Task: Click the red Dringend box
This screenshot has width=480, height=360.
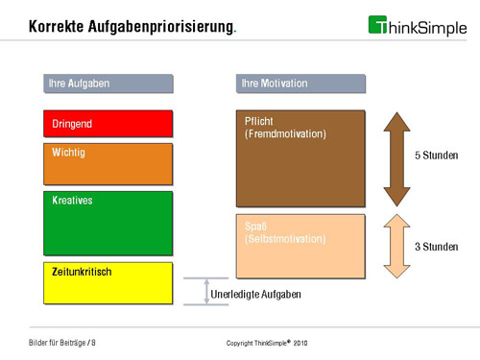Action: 108,124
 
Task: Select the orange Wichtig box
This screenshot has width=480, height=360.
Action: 108,164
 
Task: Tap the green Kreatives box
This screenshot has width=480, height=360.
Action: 108,223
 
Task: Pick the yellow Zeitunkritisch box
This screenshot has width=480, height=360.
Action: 108,283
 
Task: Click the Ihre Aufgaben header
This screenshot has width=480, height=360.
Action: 108,84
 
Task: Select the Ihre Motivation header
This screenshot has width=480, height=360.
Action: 300,84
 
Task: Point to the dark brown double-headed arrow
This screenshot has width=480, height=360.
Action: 396,157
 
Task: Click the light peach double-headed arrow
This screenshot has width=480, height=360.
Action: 396,246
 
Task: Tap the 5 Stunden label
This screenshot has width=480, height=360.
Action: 436,156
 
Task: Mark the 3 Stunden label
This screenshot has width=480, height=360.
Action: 436,247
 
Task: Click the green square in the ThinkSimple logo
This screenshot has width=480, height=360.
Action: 378,24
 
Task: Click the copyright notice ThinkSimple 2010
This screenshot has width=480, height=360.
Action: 266,343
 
